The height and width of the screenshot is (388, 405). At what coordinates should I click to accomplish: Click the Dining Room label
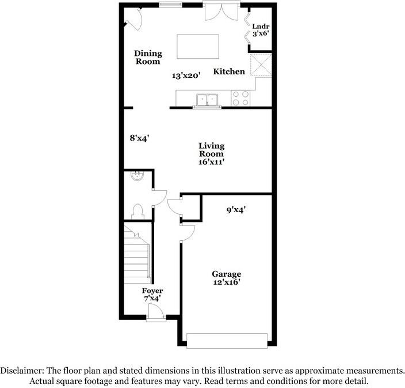pyautogui.click(x=148, y=57)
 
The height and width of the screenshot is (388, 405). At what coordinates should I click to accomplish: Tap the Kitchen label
pyautogui.click(x=229, y=71)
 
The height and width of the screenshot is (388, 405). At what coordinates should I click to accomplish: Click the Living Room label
pyautogui.click(x=211, y=150)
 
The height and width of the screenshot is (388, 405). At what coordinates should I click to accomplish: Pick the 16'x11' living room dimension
pyautogui.click(x=211, y=163)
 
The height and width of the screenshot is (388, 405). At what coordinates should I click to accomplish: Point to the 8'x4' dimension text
pyautogui.click(x=139, y=138)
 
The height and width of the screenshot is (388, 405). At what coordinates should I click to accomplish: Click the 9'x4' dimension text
pyautogui.click(x=236, y=210)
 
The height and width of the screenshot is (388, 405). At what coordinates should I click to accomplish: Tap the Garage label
pyautogui.click(x=226, y=274)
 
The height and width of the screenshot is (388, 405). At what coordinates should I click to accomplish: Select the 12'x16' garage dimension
pyautogui.click(x=226, y=282)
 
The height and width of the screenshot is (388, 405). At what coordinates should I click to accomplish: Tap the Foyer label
pyautogui.click(x=152, y=291)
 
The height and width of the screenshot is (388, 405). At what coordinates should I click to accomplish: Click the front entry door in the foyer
pyautogui.click(x=155, y=313)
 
